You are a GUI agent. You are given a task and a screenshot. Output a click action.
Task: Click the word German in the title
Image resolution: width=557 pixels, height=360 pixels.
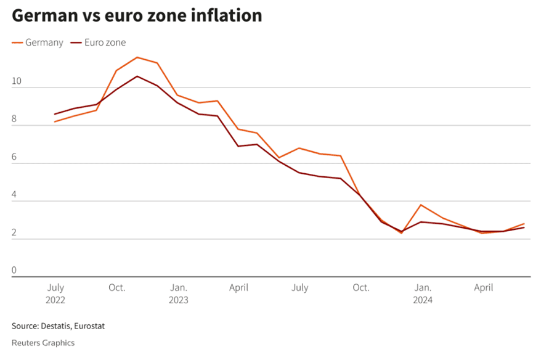[45, 16]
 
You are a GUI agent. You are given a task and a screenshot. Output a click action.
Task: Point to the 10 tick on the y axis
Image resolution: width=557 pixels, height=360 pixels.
[17, 81]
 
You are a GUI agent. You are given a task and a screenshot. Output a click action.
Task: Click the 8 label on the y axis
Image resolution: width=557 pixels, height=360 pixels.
[14, 119]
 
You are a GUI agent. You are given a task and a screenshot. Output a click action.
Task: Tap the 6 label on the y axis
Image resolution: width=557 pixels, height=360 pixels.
[14, 157]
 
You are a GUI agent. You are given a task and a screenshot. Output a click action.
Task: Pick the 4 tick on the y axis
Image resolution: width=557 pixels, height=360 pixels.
[14, 194]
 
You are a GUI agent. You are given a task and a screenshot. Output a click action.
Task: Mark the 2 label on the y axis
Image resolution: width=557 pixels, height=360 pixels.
[14, 232]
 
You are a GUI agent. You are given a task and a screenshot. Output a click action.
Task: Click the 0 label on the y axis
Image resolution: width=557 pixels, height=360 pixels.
[14, 270]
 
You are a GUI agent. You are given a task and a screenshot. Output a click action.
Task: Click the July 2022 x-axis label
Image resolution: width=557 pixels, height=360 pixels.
[55, 294]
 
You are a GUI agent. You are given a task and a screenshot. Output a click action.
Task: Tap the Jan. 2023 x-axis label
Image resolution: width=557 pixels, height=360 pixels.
[179, 294]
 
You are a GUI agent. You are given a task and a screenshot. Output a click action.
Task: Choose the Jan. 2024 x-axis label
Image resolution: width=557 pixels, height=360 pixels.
[423, 294]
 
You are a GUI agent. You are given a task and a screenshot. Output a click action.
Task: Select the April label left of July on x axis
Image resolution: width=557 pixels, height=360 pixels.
[238, 288]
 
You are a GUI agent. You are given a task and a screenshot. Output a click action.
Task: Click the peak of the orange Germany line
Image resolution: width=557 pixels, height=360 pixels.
[137, 57]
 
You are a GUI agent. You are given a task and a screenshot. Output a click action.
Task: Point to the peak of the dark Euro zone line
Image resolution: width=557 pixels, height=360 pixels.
[137, 76]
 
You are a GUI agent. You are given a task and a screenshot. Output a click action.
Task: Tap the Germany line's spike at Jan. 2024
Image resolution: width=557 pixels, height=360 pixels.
[421, 205]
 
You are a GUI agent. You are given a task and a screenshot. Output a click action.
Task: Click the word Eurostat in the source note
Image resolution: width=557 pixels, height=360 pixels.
[87, 325]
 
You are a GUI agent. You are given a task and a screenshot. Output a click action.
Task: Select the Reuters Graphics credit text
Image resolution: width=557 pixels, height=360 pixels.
[43, 342]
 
